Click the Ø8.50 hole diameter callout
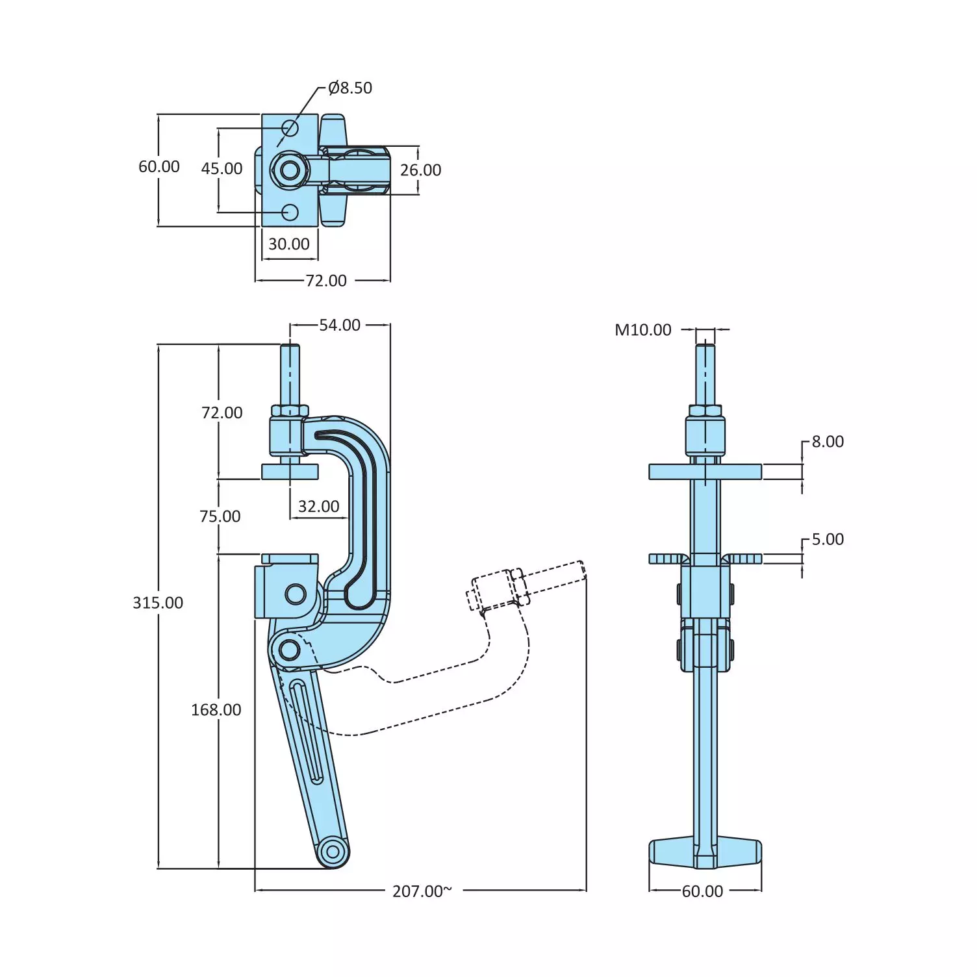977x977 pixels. (350, 88)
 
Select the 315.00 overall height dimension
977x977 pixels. (158, 603)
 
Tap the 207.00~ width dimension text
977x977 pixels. (422, 891)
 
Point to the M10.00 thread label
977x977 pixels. (642, 330)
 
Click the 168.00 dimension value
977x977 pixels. (216, 710)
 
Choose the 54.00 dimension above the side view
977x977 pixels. (339, 325)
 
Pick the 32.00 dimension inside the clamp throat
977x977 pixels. (318, 507)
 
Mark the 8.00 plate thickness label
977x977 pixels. (827, 442)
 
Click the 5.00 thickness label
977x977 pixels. (827, 539)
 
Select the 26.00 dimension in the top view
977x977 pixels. (420, 170)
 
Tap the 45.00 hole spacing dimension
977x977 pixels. (222, 169)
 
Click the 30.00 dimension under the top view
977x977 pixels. (289, 244)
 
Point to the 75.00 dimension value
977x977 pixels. (220, 516)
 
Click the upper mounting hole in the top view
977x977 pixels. (290, 128)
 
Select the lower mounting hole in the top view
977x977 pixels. (290, 212)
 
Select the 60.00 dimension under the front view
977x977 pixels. (702, 891)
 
